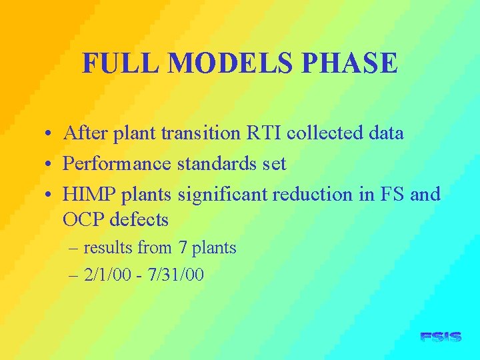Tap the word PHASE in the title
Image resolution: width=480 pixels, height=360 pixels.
click(x=349, y=64)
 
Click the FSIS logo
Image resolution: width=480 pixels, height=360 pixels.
click(x=441, y=337)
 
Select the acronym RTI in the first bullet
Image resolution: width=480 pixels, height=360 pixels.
click(x=265, y=133)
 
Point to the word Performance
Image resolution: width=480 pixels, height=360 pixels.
click(x=117, y=164)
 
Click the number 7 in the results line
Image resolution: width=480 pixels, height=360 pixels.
click(x=183, y=248)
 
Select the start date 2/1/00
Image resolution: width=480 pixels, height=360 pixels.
click(x=107, y=275)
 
